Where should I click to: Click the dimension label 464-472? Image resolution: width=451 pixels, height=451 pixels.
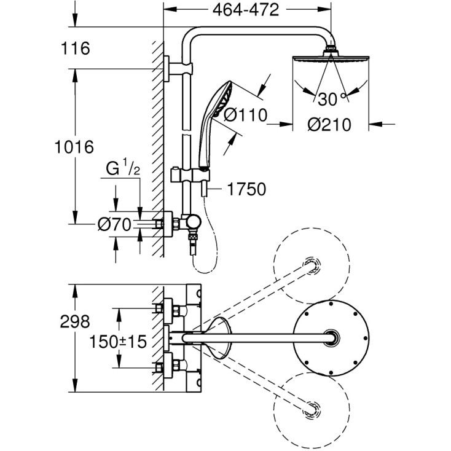tap(248, 10)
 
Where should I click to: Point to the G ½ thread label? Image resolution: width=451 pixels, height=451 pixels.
tap(120, 168)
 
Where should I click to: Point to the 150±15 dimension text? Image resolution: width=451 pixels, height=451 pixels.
tap(119, 342)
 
